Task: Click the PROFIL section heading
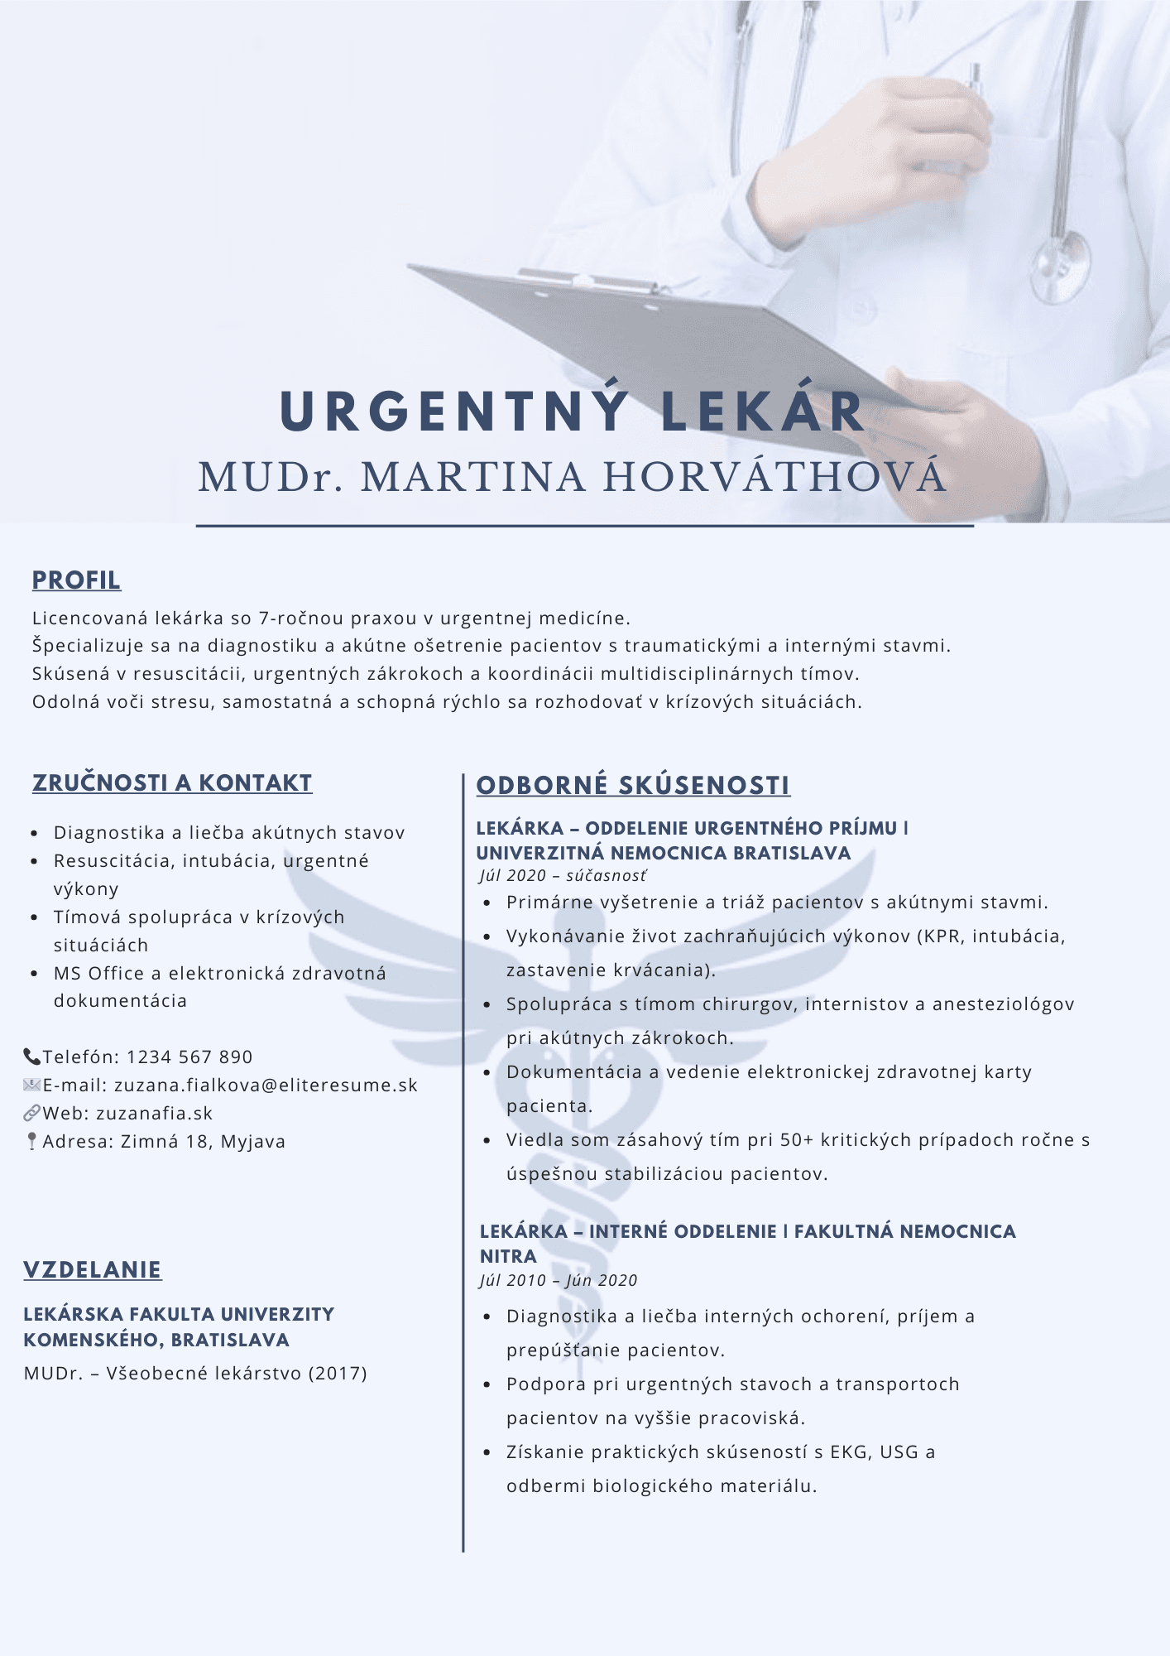point(76,580)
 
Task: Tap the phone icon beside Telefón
point(31,1057)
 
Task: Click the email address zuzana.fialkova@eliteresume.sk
point(266,1085)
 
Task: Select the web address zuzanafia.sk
point(155,1113)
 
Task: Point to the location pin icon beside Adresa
point(31,1141)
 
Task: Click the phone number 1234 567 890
point(189,1057)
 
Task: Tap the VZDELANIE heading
point(93,1269)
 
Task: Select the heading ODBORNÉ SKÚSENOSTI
point(633,785)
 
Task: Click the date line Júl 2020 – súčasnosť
point(563,875)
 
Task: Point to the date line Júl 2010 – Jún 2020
point(559,1280)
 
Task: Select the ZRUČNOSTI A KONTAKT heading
point(172,782)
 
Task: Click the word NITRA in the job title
point(508,1256)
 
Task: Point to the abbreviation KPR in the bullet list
point(941,936)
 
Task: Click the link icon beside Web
point(31,1113)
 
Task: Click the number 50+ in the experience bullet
point(797,1139)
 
